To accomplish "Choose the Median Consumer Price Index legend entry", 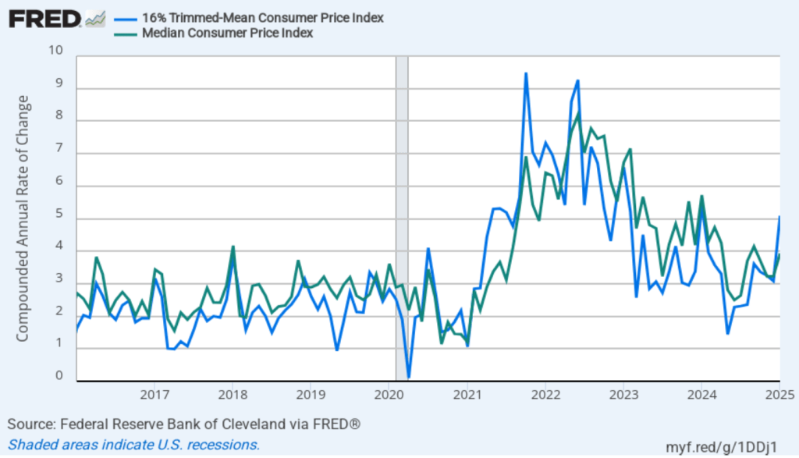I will click(x=225, y=33).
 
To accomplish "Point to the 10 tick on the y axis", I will click(x=55, y=51).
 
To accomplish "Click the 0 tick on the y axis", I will click(x=59, y=377).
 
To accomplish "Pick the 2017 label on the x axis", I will click(x=154, y=395).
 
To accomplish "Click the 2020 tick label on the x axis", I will click(x=389, y=395).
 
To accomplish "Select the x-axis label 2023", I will click(x=623, y=395).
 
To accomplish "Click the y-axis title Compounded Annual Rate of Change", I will click(x=23, y=218).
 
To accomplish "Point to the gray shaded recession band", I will click(x=402, y=218).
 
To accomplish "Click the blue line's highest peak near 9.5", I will click(x=526, y=73).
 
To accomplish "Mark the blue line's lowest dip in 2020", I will click(x=409, y=377).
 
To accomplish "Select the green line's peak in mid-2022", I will click(x=578, y=114).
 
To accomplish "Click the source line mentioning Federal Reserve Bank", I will click(x=184, y=424).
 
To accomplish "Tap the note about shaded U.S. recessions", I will click(x=134, y=445).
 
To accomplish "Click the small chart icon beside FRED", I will click(x=95, y=18).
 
